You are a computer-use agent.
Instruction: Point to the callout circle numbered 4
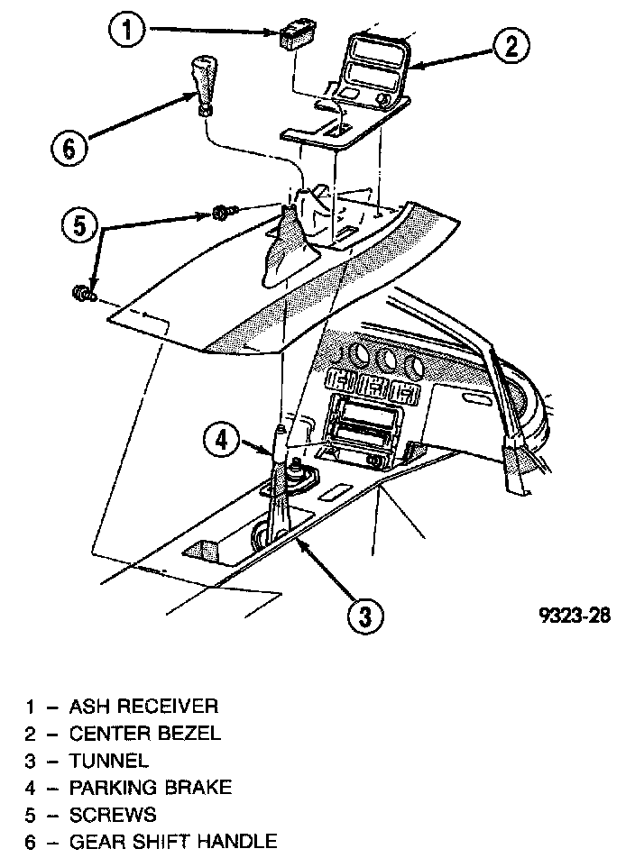coord(221,441)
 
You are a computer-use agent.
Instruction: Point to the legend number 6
coord(30,842)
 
